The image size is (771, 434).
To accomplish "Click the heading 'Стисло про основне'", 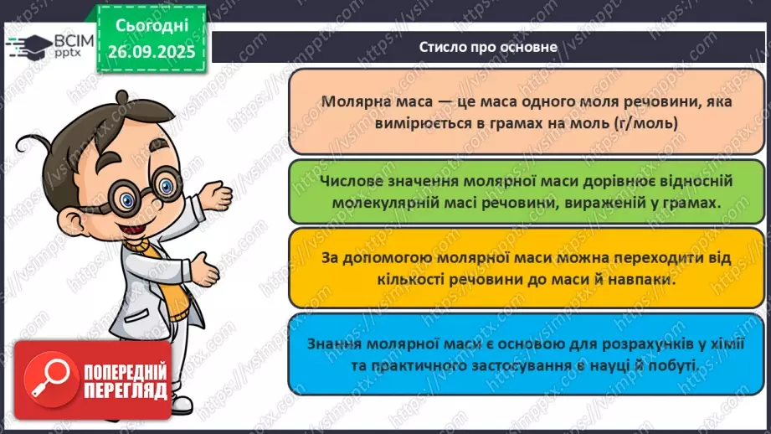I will (488, 47).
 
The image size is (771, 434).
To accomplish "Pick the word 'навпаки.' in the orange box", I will (646, 280).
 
